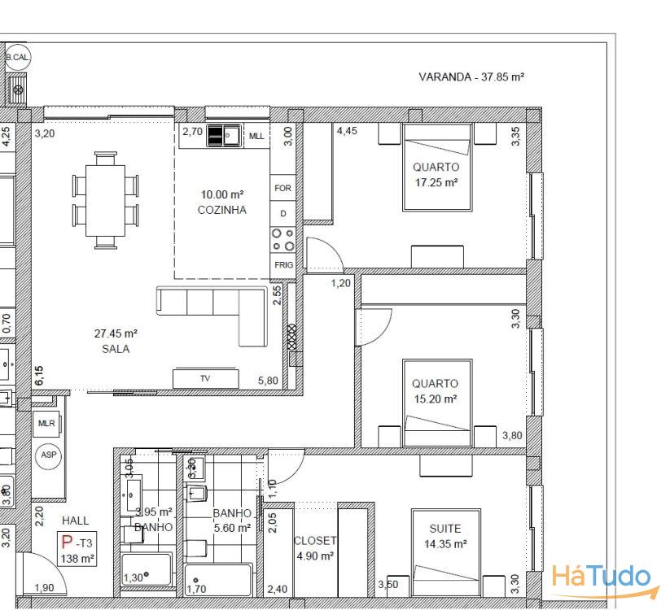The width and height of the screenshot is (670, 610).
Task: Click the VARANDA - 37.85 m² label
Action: [x=471, y=77]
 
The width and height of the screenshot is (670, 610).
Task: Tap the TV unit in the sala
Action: [x=204, y=378]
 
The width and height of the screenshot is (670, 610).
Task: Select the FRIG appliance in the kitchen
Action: [x=283, y=265]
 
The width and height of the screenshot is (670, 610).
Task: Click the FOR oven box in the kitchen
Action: [x=283, y=188]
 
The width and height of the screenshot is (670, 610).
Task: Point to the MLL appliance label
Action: [x=256, y=135]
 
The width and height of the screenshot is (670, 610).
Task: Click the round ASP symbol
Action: [x=49, y=455]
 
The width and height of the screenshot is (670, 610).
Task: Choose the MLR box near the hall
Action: [x=46, y=424]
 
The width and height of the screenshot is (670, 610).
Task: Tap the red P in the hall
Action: [x=67, y=542]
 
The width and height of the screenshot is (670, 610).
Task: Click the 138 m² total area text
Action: [x=78, y=559]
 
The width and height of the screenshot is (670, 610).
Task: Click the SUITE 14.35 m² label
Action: [x=445, y=536]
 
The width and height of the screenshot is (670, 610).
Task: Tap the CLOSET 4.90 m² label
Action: [x=314, y=548]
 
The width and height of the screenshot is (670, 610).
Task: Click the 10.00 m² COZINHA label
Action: [x=222, y=202]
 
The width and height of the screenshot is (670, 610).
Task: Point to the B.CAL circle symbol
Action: [x=17, y=58]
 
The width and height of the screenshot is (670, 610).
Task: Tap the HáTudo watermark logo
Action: [x=602, y=577]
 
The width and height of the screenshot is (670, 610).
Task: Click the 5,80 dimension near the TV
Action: [x=268, y=381]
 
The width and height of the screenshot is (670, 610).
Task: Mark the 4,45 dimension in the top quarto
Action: [x=347, y=130]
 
